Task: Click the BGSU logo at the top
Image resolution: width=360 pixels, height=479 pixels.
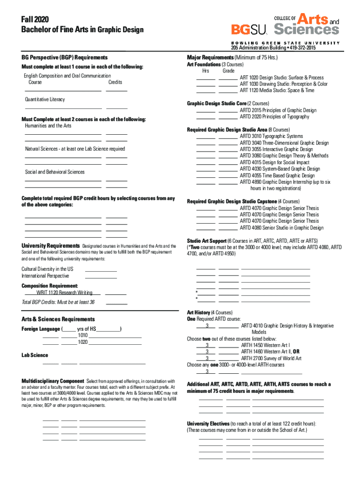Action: [x=249, y=29]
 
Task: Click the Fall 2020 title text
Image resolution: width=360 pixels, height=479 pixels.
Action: [x=31, y=19]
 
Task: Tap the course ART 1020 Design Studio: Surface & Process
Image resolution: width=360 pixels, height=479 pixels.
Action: [x=281, y=78]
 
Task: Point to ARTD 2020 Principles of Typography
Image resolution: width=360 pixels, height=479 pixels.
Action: [x=274, y=116]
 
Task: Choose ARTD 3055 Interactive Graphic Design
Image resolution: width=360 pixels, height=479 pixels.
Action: [x=276, y=149]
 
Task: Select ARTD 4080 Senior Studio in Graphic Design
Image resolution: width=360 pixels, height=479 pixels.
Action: [x=281, y=228]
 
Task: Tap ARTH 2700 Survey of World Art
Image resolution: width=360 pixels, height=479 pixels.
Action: [x=271, y=358]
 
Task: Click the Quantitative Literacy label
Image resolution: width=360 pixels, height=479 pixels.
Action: [x=45, y=100]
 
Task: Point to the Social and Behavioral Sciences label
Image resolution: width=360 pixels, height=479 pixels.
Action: [x=55, y=172]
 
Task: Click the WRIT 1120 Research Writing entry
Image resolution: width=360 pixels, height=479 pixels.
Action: [x=58, y=292]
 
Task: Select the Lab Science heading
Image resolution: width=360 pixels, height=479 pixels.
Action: [x=35, y=355]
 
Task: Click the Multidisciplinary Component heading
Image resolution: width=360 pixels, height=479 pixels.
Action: [x=53, y=380]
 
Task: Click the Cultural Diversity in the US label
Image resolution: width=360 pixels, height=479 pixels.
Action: [x=47, y=269]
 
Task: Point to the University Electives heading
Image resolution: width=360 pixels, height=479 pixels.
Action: [x=208, y=423]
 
